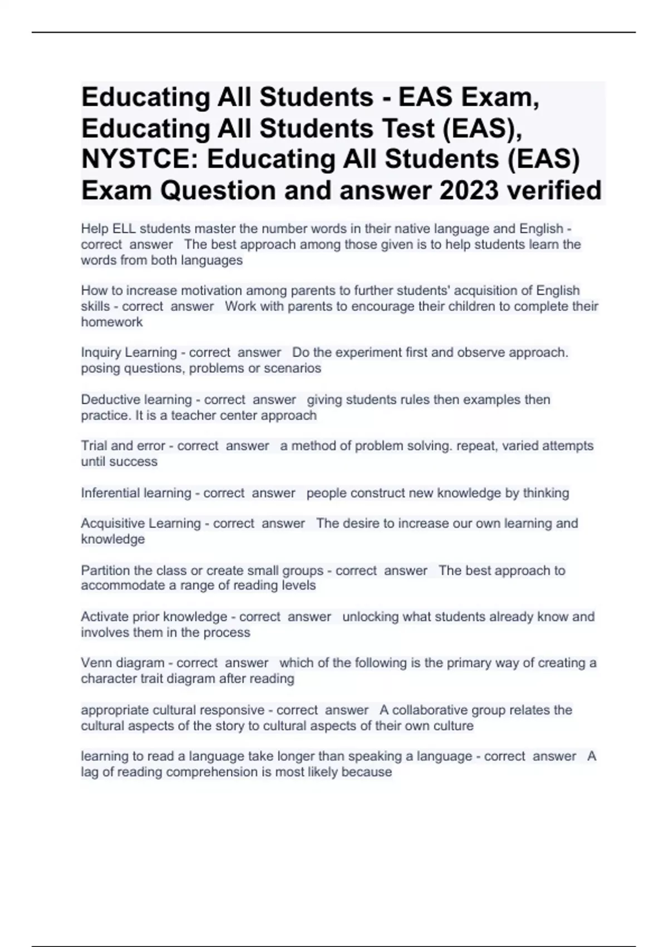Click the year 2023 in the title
469,191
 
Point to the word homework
112,322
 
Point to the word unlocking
370,617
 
